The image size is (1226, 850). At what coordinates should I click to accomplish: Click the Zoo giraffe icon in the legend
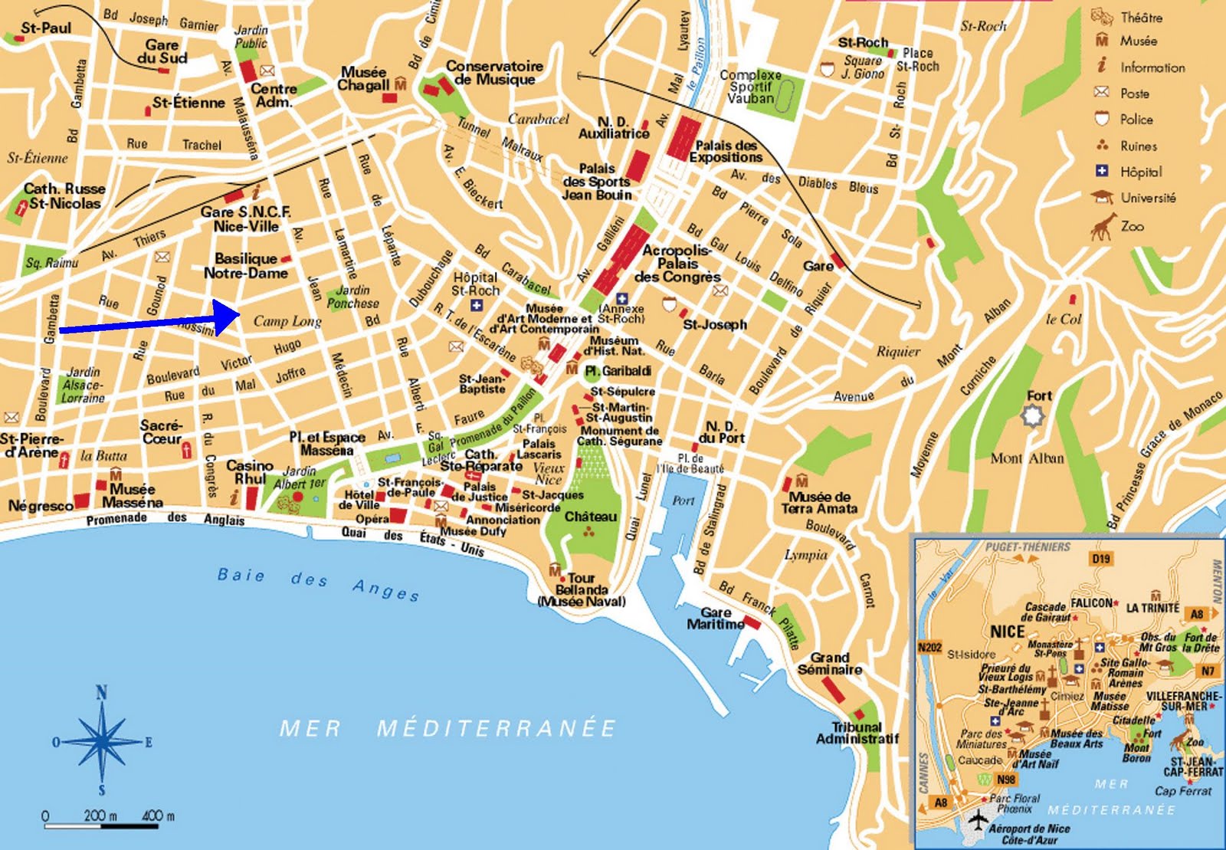click(1103, 227)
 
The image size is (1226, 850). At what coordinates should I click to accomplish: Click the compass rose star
click(101, 741)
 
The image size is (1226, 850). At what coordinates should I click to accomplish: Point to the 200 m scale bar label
click(100, 816)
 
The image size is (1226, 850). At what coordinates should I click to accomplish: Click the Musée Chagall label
click(365, 79)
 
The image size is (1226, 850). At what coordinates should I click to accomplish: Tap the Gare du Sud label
click(162, 51)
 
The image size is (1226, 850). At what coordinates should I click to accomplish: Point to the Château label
click(590, 517)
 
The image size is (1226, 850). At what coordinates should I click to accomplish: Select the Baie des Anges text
click(318, 582)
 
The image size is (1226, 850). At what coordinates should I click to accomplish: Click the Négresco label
click(40, 506)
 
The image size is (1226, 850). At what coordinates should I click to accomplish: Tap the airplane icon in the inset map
click(978, 819)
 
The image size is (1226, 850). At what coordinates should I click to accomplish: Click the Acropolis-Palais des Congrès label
click(677, 264)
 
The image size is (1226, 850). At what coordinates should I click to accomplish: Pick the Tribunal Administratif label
click(857, 733)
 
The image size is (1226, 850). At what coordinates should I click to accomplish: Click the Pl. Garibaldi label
click(618, 371)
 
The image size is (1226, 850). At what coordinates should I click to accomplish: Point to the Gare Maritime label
click(715, 619)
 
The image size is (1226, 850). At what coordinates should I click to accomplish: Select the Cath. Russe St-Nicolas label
click(64, 195)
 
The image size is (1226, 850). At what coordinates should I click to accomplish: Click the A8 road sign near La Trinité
click(1196, 613)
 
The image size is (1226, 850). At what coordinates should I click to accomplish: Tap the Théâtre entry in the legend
click(1140, 17)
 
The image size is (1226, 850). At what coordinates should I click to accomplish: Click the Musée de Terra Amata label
click(819, 502)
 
